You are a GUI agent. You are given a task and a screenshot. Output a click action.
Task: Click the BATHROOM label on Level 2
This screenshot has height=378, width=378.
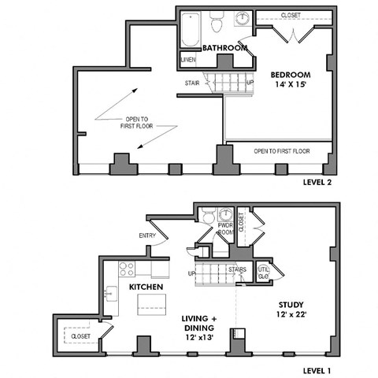225,48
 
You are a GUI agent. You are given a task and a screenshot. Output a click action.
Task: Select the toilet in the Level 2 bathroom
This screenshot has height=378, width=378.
217,20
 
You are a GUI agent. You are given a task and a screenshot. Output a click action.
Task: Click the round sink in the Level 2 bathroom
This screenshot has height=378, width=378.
243,19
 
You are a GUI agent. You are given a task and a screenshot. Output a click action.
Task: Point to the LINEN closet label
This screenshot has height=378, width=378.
188,60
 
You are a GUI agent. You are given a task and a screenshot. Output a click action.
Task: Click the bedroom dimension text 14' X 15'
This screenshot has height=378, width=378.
290,87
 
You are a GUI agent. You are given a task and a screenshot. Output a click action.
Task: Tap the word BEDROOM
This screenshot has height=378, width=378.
290,76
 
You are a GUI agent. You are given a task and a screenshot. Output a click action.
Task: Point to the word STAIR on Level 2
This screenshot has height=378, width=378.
191,81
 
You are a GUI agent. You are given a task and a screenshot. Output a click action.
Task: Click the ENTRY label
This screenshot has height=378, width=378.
146,235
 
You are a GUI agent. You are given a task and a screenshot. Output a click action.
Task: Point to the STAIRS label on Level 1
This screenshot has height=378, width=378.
237,269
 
